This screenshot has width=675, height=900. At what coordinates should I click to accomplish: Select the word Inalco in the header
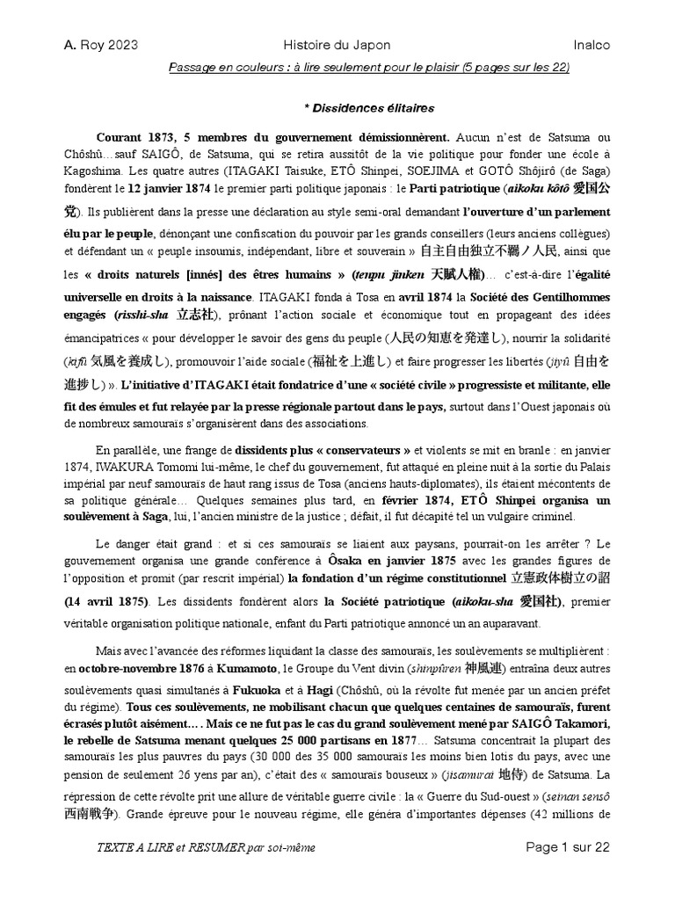point(588,45)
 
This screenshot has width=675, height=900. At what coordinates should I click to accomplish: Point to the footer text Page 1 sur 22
point(567,846)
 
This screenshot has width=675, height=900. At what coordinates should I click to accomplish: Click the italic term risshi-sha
point(144,316)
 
